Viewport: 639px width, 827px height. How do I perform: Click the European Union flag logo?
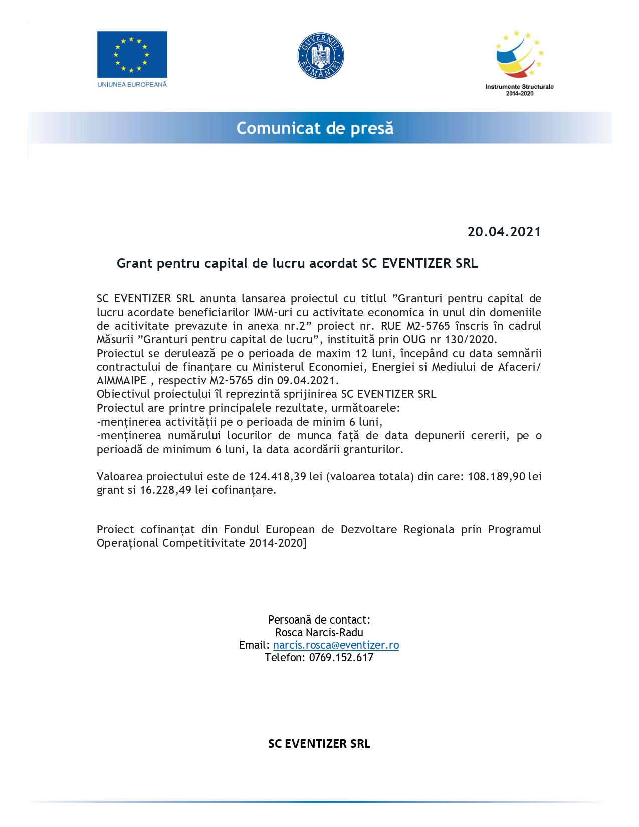click(132, 54)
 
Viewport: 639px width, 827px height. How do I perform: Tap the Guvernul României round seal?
click(321, 56)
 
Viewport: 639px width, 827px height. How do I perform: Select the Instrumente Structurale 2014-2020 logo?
click(519, 63)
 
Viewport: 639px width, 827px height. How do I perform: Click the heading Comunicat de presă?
click(315, 128)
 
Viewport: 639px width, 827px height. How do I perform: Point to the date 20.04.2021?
click(504, 232)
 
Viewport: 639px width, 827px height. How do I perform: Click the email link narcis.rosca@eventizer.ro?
click(336, 645)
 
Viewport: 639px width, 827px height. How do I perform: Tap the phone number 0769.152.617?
click(341, 658)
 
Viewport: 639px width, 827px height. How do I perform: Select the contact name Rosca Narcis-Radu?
click(319, 633)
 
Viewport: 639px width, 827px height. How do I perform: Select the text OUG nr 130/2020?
click(449, 339)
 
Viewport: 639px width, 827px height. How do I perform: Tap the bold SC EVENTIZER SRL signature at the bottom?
click(319, 744)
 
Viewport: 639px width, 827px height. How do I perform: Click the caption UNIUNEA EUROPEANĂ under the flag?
click(132, 85)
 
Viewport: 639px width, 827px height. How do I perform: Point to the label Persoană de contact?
click(319, 620)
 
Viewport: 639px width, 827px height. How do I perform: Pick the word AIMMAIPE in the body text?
click(121, 380)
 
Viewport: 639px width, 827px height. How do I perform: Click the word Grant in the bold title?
click(135, 263)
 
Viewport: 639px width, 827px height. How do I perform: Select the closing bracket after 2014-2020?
click(305, 543)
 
